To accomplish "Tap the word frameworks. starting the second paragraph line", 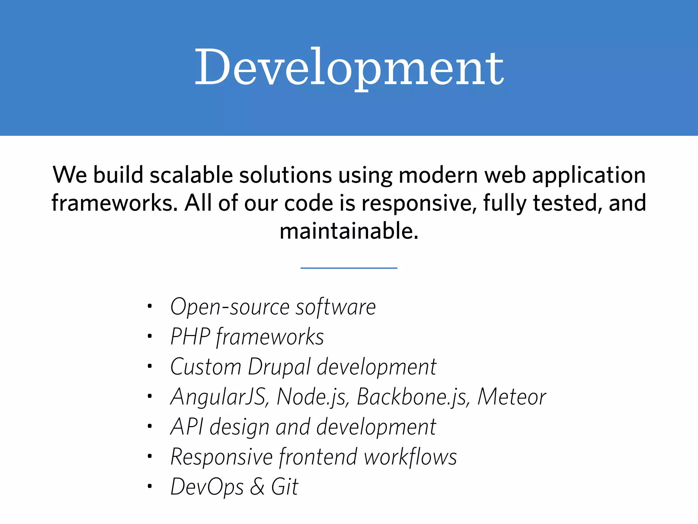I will click(115, 203).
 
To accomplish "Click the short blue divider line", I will click(349, 268).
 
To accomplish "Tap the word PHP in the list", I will click(190, 337).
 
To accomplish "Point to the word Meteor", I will click(512, 397).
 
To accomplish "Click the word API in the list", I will click(187, 427).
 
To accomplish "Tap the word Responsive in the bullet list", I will click(222, 457).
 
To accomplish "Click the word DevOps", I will click(207, 487).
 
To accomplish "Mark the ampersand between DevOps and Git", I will click(257, 487).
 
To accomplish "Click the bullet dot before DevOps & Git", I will click(149, 486).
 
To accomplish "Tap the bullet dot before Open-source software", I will click(149, 306).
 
